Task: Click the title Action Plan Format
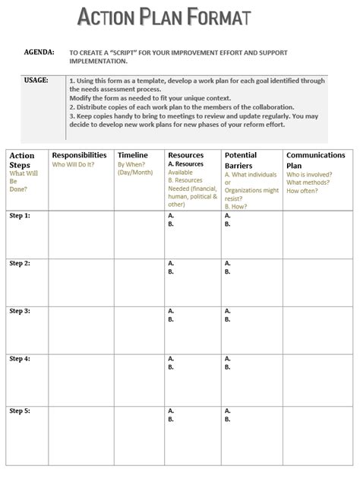click(164, 17)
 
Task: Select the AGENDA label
click(39, 52)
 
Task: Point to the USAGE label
click(36, 79)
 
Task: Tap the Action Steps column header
click(21, 160)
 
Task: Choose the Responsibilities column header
click(79, 155)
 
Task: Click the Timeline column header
click(133, 155)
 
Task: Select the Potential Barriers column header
click(241, 160)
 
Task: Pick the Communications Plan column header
click(315, 160)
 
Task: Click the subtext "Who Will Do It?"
click(74, 164)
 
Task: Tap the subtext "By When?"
click(131, 164)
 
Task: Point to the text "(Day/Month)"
click(135, 173)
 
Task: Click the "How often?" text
click(303, 191)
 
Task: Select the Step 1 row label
click(20, 216)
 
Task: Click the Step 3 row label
click(20, 311)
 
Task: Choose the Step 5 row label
click(20, 411)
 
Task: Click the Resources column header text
click(185, 155)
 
